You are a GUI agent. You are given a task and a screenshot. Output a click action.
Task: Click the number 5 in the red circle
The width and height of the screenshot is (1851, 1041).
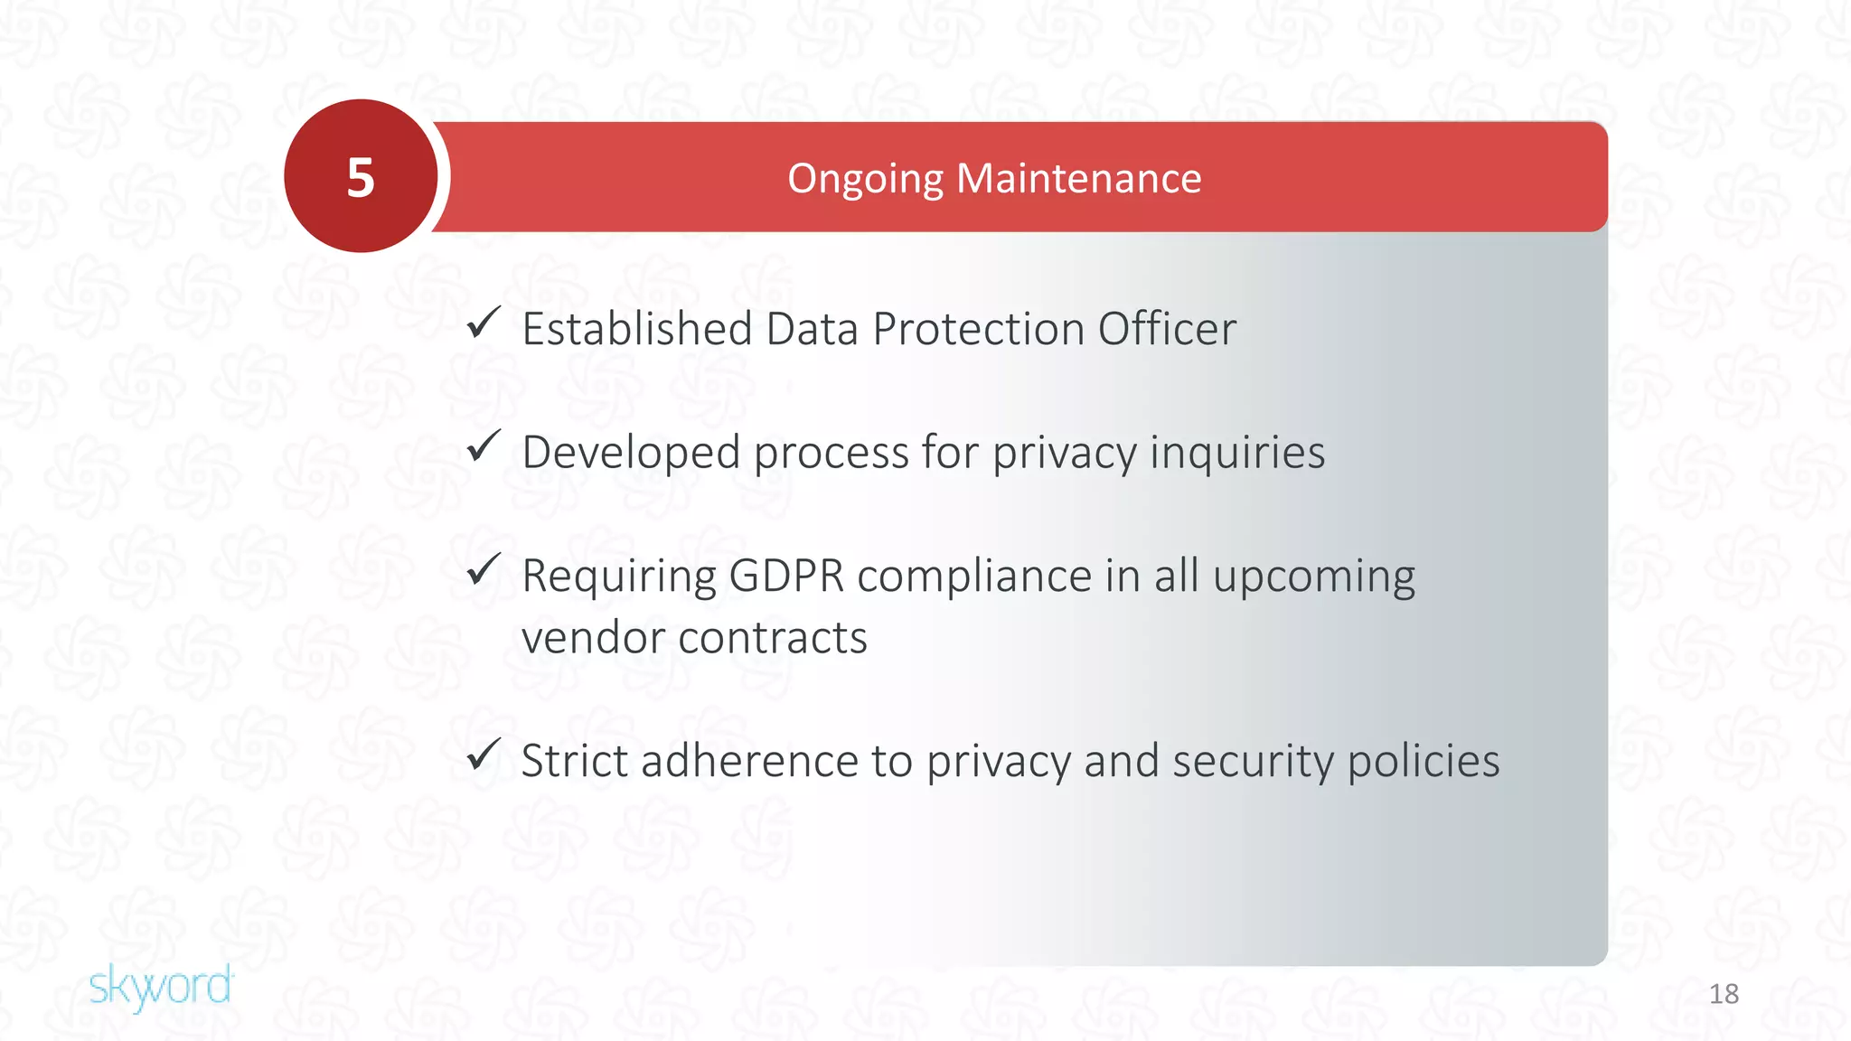click(361, 177)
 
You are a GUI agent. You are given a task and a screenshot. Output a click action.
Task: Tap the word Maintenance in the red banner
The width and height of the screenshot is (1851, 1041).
click(1079, 178)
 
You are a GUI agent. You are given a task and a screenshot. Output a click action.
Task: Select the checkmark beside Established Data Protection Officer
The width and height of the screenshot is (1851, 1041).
click(484, 323)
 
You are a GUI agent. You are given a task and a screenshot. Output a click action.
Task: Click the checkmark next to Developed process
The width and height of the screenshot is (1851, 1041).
click(484, 446)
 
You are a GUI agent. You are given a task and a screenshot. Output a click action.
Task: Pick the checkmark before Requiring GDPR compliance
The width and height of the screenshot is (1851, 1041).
click(484, 569)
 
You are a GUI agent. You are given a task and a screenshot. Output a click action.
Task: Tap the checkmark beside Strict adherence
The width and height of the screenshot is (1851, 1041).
click(484, 755)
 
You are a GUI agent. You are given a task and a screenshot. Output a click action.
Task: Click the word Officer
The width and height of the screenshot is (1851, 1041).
click(1167, 328)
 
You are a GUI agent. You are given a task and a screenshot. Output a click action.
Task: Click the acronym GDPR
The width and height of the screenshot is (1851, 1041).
click(785, 576)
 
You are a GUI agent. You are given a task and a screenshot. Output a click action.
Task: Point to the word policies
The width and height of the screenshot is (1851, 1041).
click(1423, 761)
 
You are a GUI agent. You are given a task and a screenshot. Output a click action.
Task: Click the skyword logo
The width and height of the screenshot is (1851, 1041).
click(161, 986)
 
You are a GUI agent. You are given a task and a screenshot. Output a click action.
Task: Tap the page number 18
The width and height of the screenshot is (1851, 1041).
click(1724, 994)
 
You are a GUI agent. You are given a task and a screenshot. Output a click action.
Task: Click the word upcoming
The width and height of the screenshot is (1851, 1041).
click(1313, 577)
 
